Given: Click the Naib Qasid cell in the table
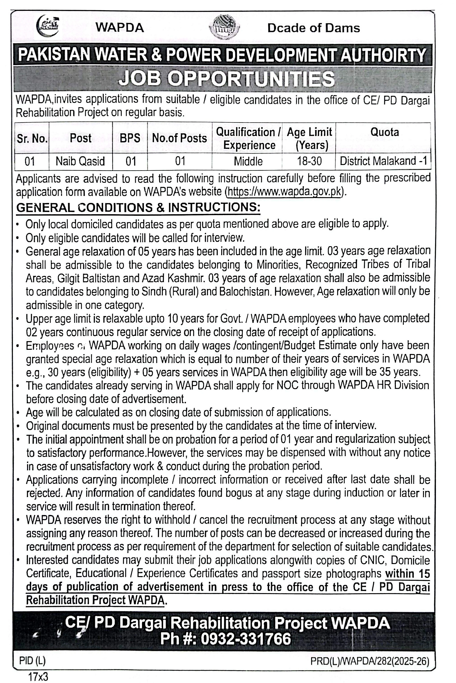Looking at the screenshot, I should (x=80, y=161).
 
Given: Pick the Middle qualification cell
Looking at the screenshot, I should (x=248, y=161).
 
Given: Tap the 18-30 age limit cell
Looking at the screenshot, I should (x=309, y=161).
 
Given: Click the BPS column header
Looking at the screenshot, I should (x=130, y=138).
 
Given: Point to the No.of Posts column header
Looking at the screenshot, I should (x=179, y=138).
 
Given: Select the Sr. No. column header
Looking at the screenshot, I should (x=32, y=138).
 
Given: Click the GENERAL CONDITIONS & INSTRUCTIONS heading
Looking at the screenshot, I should (x=138, y=207).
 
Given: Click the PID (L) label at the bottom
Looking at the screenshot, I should (x=32, y=661).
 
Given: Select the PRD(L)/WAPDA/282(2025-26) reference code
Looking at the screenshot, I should (x=370, y=661).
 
